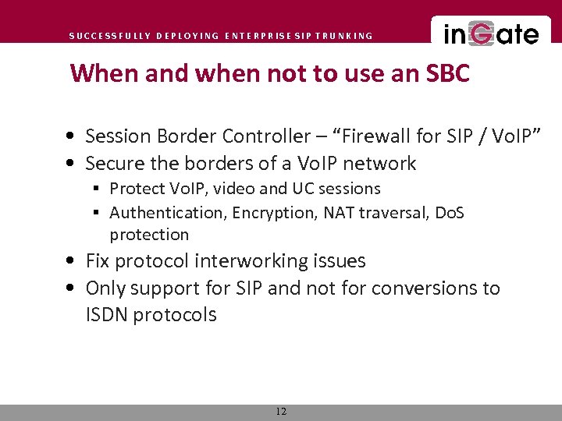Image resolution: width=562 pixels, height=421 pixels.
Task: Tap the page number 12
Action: click(x=281, y=412)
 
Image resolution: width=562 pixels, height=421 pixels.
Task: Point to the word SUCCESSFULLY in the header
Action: click(x=109, y=36)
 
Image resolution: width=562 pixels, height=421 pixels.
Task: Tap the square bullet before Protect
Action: click(x=98, y=189)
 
